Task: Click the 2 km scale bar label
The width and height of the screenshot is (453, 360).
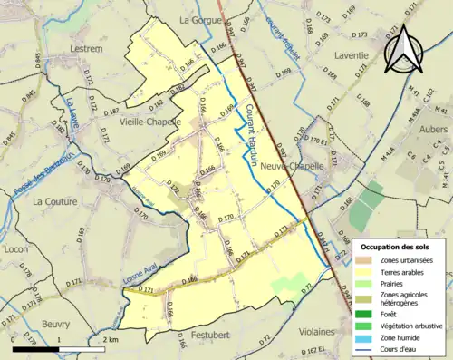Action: point(110,339)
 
